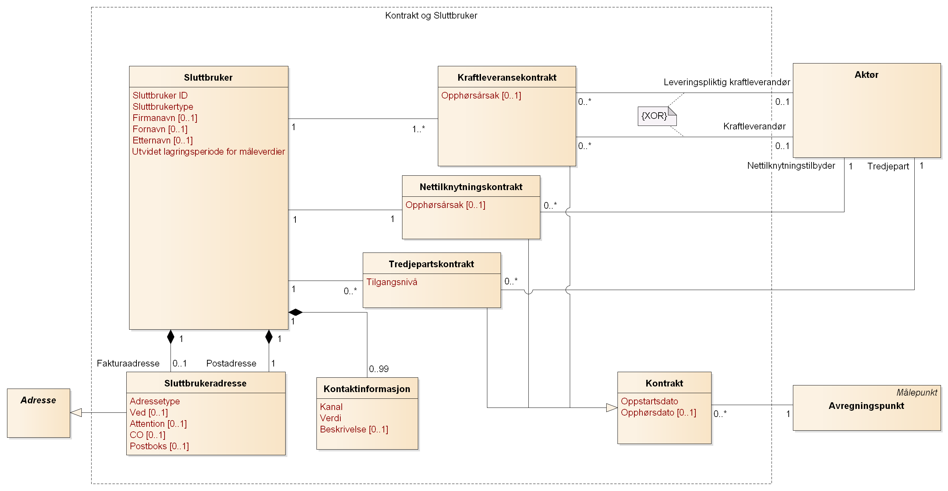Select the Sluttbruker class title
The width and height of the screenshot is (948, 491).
click(x=208, y=78)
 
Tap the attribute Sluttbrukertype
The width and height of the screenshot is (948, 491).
click(x=163, y=107)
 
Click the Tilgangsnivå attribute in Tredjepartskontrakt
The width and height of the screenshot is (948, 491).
click(x=392, y=282)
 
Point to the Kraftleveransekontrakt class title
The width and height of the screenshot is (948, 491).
click(x=506, y=78)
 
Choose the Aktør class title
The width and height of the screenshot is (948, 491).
click(x=866, y=75)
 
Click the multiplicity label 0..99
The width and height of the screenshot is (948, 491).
click(x=379, y=369)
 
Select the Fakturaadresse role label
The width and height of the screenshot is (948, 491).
click(x=128, y=363)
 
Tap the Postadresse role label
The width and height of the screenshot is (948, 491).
click(x=231, y=363)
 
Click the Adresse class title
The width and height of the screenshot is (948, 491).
click(x=38, y=400)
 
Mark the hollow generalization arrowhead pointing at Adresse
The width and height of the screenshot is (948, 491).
click(x=76, y=413)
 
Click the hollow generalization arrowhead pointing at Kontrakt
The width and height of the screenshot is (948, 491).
click(x=611, y=408)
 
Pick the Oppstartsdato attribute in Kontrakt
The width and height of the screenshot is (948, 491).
click(x=649, y=401)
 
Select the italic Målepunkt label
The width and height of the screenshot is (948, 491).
click(x=916, y=392)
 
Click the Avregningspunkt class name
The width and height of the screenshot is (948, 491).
click(x=866, y=406)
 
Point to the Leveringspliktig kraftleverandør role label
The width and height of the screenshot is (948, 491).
click(x=727, y=82)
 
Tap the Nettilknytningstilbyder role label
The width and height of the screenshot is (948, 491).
click(x=790, y=166)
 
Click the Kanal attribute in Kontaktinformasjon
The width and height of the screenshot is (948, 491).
click(x=331, y=407)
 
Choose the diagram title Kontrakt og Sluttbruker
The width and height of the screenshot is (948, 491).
click(x=431, y=15)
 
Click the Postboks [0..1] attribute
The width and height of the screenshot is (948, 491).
click(x=159, y=446)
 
